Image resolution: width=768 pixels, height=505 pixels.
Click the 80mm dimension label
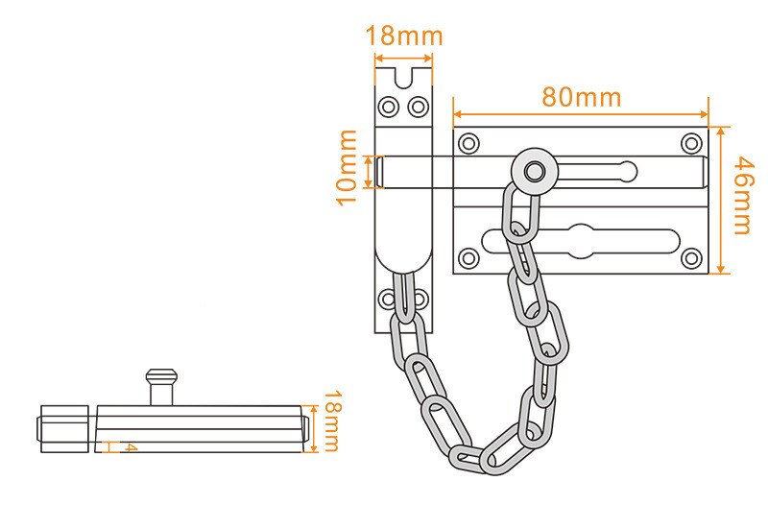(x=581, y=97)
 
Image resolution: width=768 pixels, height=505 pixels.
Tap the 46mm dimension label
(x=739, y=199)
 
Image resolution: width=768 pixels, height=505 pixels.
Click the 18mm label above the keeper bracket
(x=404, y=36)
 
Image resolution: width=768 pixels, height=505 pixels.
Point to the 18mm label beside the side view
(x=329, y=421)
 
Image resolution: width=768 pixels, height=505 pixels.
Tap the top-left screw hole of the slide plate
(x=468, y=144)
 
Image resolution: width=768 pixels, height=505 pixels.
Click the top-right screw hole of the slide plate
(x=691, y=144)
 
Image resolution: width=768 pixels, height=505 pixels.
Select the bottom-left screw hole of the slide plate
(x=468, y=257)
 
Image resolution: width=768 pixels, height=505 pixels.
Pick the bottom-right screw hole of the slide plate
(x=691, y=257)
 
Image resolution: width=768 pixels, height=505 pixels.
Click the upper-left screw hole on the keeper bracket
(x=389, y=106)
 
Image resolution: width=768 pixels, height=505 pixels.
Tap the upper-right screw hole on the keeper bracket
(x=419, y=106)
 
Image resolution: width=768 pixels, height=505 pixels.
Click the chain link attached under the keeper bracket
(x=405, y=296)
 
